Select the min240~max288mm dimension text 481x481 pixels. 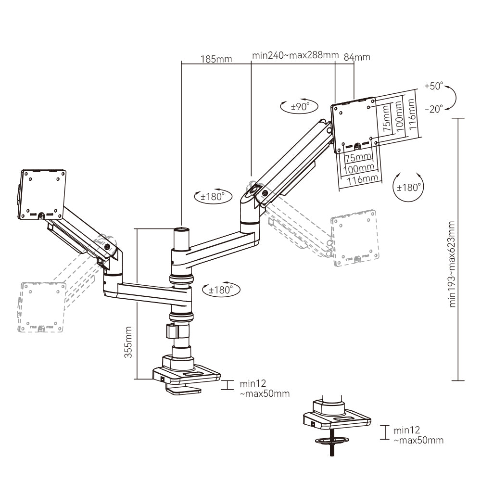(x=295, y=55)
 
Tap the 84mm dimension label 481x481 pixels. (x=357, y=57)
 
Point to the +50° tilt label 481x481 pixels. (x=433, y=87)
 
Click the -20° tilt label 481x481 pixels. (x=433, y=109)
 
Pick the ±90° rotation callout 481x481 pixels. (x=299, y=107)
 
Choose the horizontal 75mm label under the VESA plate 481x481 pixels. (x=358, y=158)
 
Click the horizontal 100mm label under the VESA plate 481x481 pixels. (x=359, y=168)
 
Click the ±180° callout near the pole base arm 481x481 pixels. (x=221, y=290)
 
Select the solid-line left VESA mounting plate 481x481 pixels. (x=42, y=194)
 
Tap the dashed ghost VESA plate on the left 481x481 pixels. (x=42, y=307)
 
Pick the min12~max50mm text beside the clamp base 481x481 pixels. (x=265, y=389)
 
